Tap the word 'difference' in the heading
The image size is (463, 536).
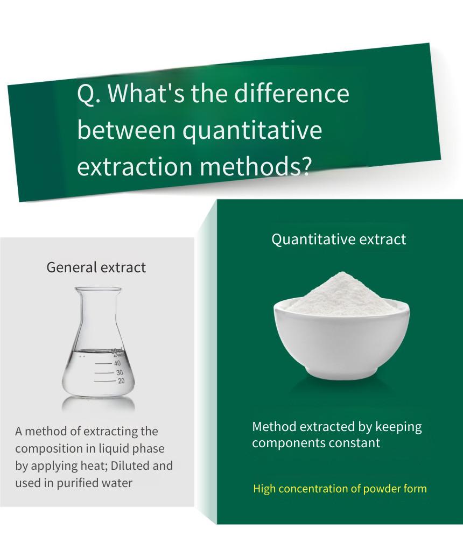pyautogui.click(x=292, y=93)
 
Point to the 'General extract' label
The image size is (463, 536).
pyautogui.click(x=96, y=267)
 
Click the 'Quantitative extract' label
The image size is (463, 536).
pyautogui.click(x=339, y=239)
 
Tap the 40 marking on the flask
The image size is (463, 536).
pyautogui.click(x=117, y=363)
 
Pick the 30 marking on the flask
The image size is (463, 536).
pyautogui.click(x=120, y=372)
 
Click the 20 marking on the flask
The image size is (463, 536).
pyautogui.click(x=121, y=381)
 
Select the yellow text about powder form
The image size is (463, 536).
pyautogui.click(x=340, y=489)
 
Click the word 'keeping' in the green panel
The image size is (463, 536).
pyautogui.click(x=398, y=427)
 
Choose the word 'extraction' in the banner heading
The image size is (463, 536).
pyautogui.click(x=135, y=167)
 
